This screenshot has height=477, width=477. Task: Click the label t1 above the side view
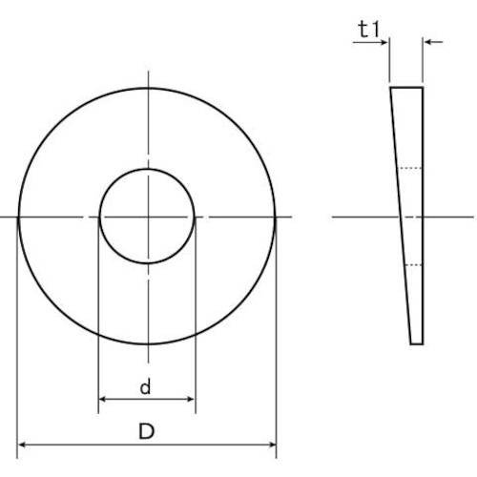pyautogui.click(x=369, y=30)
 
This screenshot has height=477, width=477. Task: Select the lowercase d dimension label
pyautogui.click(x=145, y=387)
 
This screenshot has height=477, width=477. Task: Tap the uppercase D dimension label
pyautogui.click(x=146, y=432)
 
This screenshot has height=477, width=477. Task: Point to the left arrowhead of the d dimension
pyautogui.click(x=102, y=401)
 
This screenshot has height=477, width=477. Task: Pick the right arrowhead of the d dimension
pyautogui.click(x=191, y=401)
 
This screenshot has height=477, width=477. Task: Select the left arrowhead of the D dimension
pyautogui.click(x=23, y=445)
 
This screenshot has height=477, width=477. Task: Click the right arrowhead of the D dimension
pyautogui.click(x=271, y=445)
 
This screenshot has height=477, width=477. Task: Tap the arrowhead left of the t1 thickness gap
pyautogui.click(x=384, y=42)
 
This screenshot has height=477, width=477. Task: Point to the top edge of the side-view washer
pyautogui.click(x=405, y=87)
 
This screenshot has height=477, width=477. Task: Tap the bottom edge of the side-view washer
pyautogui.click(x=417, y=342)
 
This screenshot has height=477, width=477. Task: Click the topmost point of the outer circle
pyautogui.click(x=147, y=88)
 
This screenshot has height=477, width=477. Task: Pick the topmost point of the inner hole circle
pyautogui.click(x=147, y=170)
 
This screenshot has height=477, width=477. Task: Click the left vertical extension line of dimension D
pyautogui.click(x=18, y=334)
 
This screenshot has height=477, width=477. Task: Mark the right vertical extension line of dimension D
pyautogui.click(x=276, y=334)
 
